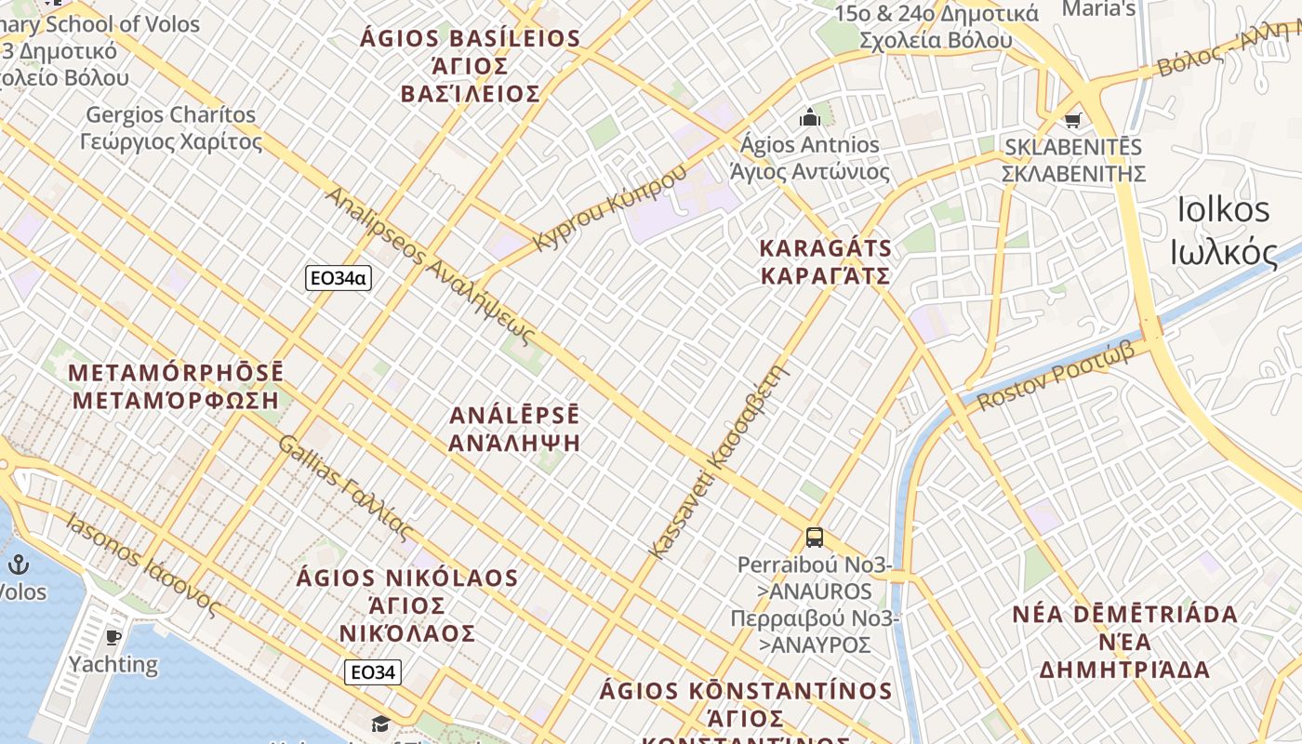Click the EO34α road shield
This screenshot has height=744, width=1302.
click(339, 277)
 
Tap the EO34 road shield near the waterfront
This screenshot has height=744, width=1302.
click(373, 671)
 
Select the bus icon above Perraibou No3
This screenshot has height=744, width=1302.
click(815, 537)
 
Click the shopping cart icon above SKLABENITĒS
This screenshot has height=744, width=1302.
click(1073, 119)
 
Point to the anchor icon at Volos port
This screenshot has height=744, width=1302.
click(18, 564)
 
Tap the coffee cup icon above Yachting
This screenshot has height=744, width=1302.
click(113, 637)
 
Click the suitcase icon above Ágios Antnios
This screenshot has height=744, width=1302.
click(809, 117)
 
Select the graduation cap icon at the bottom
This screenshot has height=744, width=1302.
click(380, 724)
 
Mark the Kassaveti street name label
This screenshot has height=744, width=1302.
click(719, 462)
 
